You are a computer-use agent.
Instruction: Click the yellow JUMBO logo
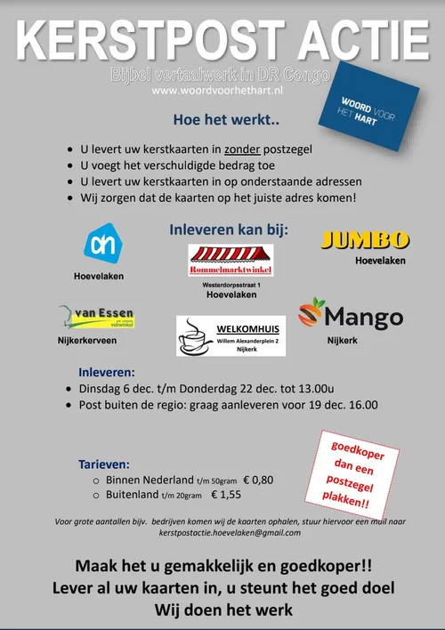click(x=365, y=240)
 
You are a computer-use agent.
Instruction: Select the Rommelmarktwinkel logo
click(x=231, y=260)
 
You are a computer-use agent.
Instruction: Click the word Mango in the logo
click(x=363, y=317)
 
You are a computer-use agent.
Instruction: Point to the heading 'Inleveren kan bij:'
click(x=229, y=230)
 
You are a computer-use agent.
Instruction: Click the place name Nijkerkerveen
click(x=86, y=340)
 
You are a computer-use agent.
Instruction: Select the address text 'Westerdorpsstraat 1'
click(x=231, y=284)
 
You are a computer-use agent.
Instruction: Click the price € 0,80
click(x=257, y=480)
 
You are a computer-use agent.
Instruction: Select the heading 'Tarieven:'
click(x=104, y=464)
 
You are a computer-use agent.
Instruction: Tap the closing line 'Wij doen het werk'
click(x=222, y=610)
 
